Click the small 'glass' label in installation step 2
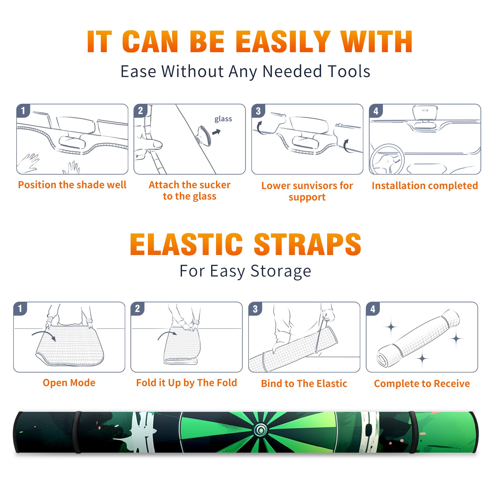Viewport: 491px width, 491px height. tap(223, 119)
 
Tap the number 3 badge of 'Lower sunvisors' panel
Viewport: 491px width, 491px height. tap(258, 111)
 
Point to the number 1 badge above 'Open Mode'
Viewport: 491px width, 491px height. tap(20, 309)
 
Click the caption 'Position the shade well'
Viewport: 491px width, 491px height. tap(72, 185)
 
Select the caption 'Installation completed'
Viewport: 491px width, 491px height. tap(425, 186)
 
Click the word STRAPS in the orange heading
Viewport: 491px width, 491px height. tap(307, 244)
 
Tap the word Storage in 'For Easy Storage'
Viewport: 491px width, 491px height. tap(281, 271)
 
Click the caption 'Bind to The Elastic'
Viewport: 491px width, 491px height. tap(304, 384)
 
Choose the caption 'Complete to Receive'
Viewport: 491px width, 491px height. tap(422, 384)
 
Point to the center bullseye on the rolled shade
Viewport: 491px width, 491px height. tap(261, 431)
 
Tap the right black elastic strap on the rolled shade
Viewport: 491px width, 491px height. tap(412, 432)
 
